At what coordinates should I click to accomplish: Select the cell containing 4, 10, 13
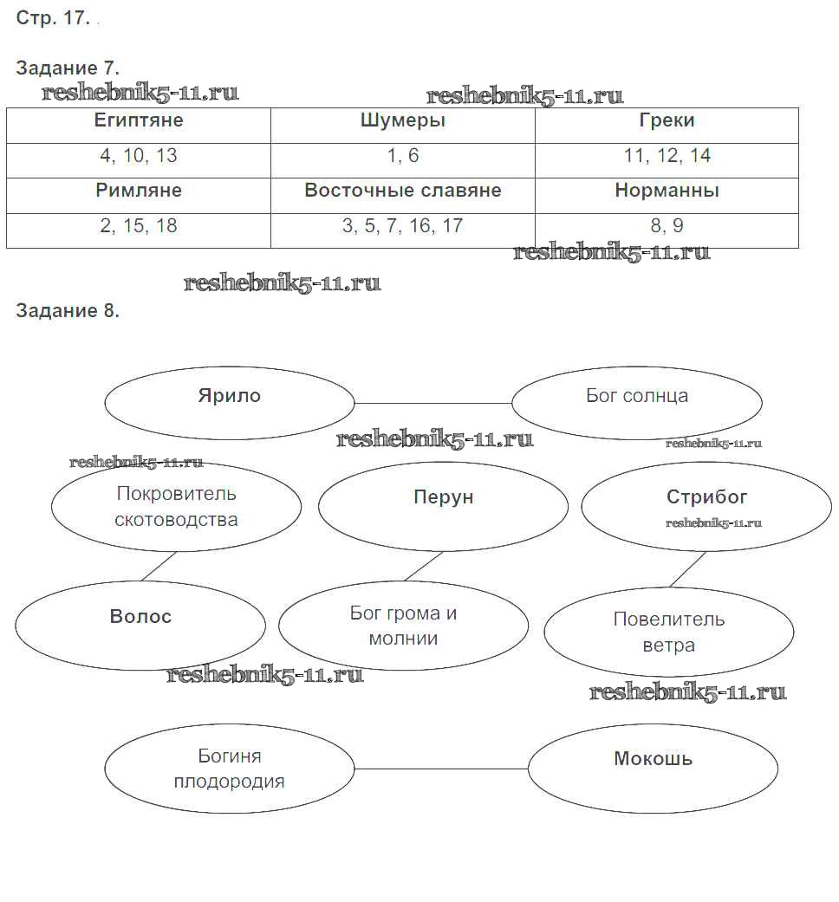(139, 156)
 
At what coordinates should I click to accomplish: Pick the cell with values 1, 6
(403, 156)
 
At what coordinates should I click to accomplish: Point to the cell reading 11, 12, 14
(667, 156)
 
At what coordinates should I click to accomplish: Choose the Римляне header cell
(139, 191)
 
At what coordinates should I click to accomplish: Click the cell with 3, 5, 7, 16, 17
(403, 226)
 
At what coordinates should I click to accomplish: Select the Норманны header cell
(667, 191)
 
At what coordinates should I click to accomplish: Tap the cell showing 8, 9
(667, 226)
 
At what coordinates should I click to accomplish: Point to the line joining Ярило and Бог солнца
(433, 403)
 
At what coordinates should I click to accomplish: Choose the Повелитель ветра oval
(668, 632)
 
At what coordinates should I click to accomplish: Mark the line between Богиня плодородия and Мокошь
(441, 769)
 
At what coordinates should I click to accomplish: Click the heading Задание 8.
(68, 312)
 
